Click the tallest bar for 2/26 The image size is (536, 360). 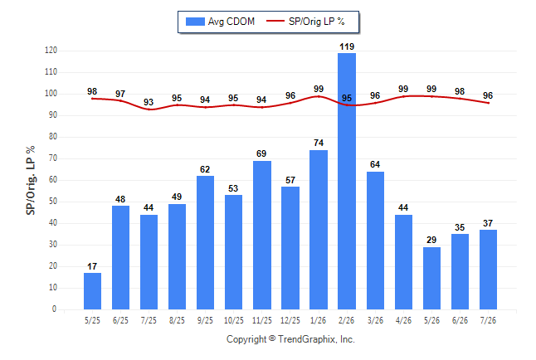pyautogui.click(x=347, y=181)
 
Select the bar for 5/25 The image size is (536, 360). pyautogui.click(x=92, y=291)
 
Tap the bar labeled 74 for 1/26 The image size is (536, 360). pyautogui.click(x=319, y=230)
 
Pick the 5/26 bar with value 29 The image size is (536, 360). pyautogui.click(x=431, y=278)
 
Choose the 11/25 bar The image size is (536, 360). pyautogui.click(x=262, y=236)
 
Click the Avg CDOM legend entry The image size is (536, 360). pyautogui.click(x=220, y=22)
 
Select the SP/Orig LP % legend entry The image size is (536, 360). pyautogui.click(x=305, y=22)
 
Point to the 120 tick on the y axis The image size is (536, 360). pyautogui.click(x=51, y=51)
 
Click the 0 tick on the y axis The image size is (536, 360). pyautogui.click(x=54, y=309)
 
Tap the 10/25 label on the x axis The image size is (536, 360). pyautogui.click(x=234, y=320)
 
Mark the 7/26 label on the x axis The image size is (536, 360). pyautogui.click(x=488, y=320)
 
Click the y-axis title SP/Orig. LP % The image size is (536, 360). pyautogui.click(x=31, y=180)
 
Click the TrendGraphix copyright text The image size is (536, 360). pyautogui.click(x=290, y=339)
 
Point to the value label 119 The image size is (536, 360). pyautogui.click(x=347, y=46)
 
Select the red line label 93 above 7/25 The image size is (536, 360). pyautogui.click(x=149, y=102)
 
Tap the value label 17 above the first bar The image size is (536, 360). pyautogui.click(x=92, y=266)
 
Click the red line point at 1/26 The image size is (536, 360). pyautogui.click(x=319, y=96)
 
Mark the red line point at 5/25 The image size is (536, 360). pyautogui.click(x=92, y=99)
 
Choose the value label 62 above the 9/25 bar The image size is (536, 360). pyautogui.click(x=205, y=169)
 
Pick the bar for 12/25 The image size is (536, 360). pyautogui.click(x=290, y=248)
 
